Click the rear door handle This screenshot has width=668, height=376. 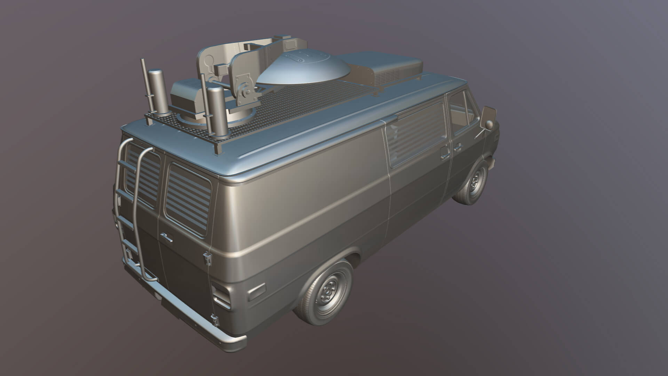click(166, 237)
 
